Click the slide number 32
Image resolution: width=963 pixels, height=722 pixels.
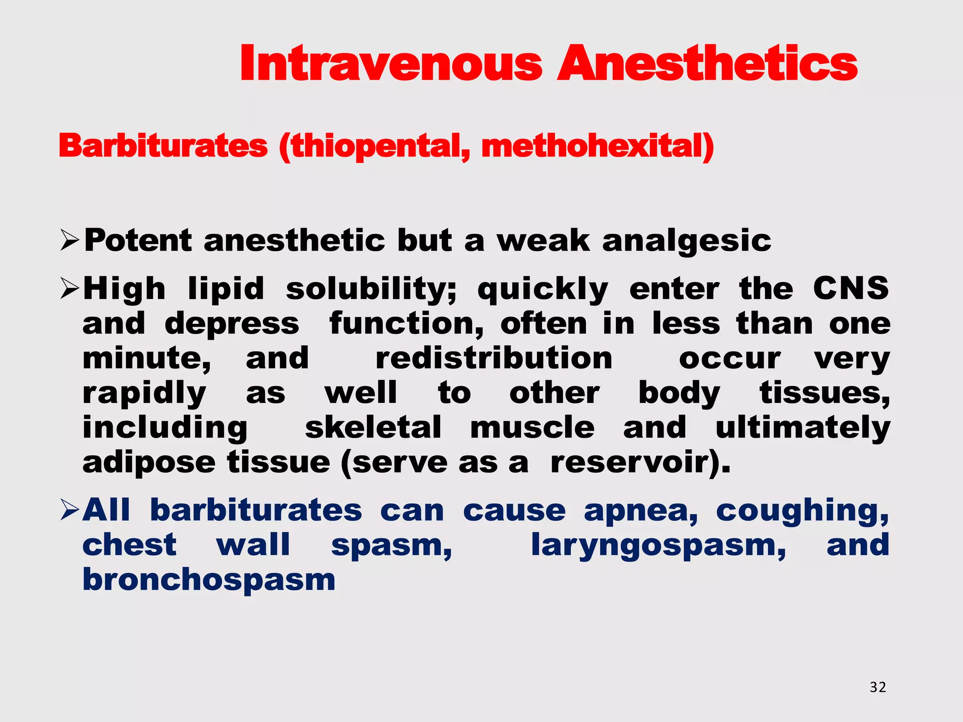(877, 687)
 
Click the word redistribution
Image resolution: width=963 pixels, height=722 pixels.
(494, 359)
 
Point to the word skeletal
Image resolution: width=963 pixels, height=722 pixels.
(373, 428)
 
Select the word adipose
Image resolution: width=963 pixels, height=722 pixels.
(149, 463)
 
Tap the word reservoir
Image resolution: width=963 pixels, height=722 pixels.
(635, 463)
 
